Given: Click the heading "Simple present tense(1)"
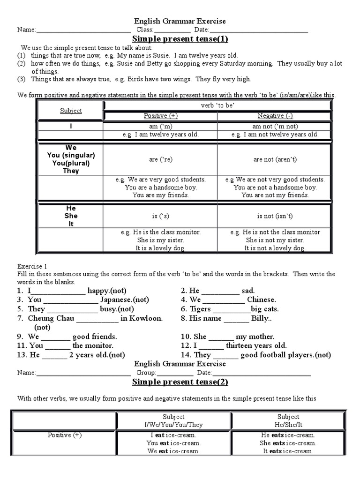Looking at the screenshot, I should (x=180, y=39).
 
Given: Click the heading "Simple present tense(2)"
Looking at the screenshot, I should (x=180, y=382).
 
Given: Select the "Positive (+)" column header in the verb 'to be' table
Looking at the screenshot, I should (x=160, y=116).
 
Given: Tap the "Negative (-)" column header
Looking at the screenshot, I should (x=275, y=116).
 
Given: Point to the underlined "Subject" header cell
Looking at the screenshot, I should (x=71, y=111).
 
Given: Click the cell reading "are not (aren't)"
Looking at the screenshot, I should (x=275, y=159).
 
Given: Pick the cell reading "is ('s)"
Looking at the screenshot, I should (x=160, y=216).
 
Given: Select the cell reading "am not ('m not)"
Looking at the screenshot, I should (x=275, y=126).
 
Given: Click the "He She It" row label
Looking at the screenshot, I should (x=71, y=216).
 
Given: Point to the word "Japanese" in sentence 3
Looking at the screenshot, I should (x=117, y=300).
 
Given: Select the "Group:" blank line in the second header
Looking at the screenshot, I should (x=175, y=374).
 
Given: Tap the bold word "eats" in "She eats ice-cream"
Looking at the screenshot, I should (x=278, y=443).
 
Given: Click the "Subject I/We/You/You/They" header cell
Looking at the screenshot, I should (x=173, y=420).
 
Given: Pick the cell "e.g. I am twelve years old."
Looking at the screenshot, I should (x=160, y=135).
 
